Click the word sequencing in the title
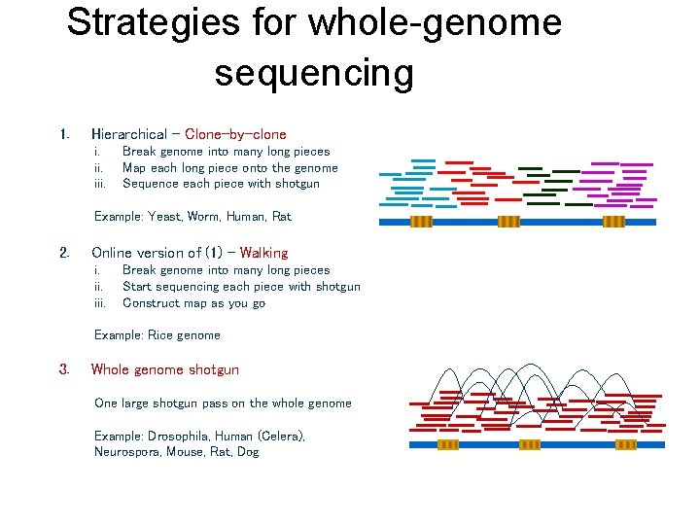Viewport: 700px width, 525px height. pyautogui.click(x=314, y=73)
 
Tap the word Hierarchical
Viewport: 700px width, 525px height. pyautogui.click(x=128, y=134)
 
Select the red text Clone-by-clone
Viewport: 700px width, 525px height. pyautogui.click(x=235, y=134)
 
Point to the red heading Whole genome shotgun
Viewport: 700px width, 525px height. pyautogui.click(x=164, y=369)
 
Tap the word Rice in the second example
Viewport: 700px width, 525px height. pyautogui.click(x=159, y=334)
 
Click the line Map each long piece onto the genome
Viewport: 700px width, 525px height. pyautogui.click(x=229, y=167)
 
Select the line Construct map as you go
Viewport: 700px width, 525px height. pyautogui.click(x=193, y=302)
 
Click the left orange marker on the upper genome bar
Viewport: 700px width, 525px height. pyautogui.click(x=421, y=222)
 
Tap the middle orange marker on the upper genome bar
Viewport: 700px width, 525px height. pyautogui.click(x=509, y=222)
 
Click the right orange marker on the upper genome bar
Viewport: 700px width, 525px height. pyautogui.click(x=613, y=222)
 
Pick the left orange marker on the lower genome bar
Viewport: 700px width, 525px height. pyautogui.click(x=447, y=444)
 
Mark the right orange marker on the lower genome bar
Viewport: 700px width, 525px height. pyautogui.click(x=626, y=444)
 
